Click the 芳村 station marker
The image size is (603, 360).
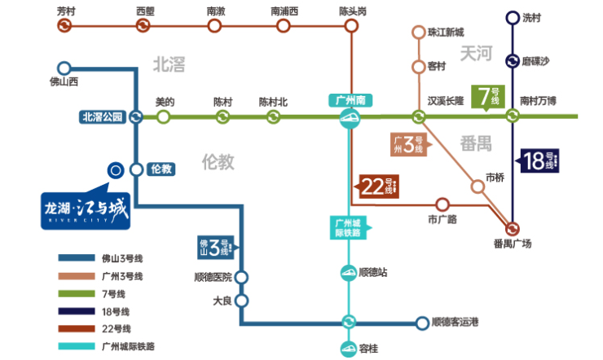pos(64,25)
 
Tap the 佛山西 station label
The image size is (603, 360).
pos(64,82)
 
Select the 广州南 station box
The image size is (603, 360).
pos(350,100)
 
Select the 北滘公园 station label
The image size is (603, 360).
pos(102,117)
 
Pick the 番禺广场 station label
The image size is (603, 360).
pos(513,243)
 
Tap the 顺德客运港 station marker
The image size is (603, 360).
pos(421,323)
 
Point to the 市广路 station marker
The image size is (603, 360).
pos(442,204)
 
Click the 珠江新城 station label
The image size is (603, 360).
pos(446,33)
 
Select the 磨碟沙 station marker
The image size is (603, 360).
pos(513,60)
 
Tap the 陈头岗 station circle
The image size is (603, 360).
pos(351,25)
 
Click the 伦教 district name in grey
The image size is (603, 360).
pos(218,162)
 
